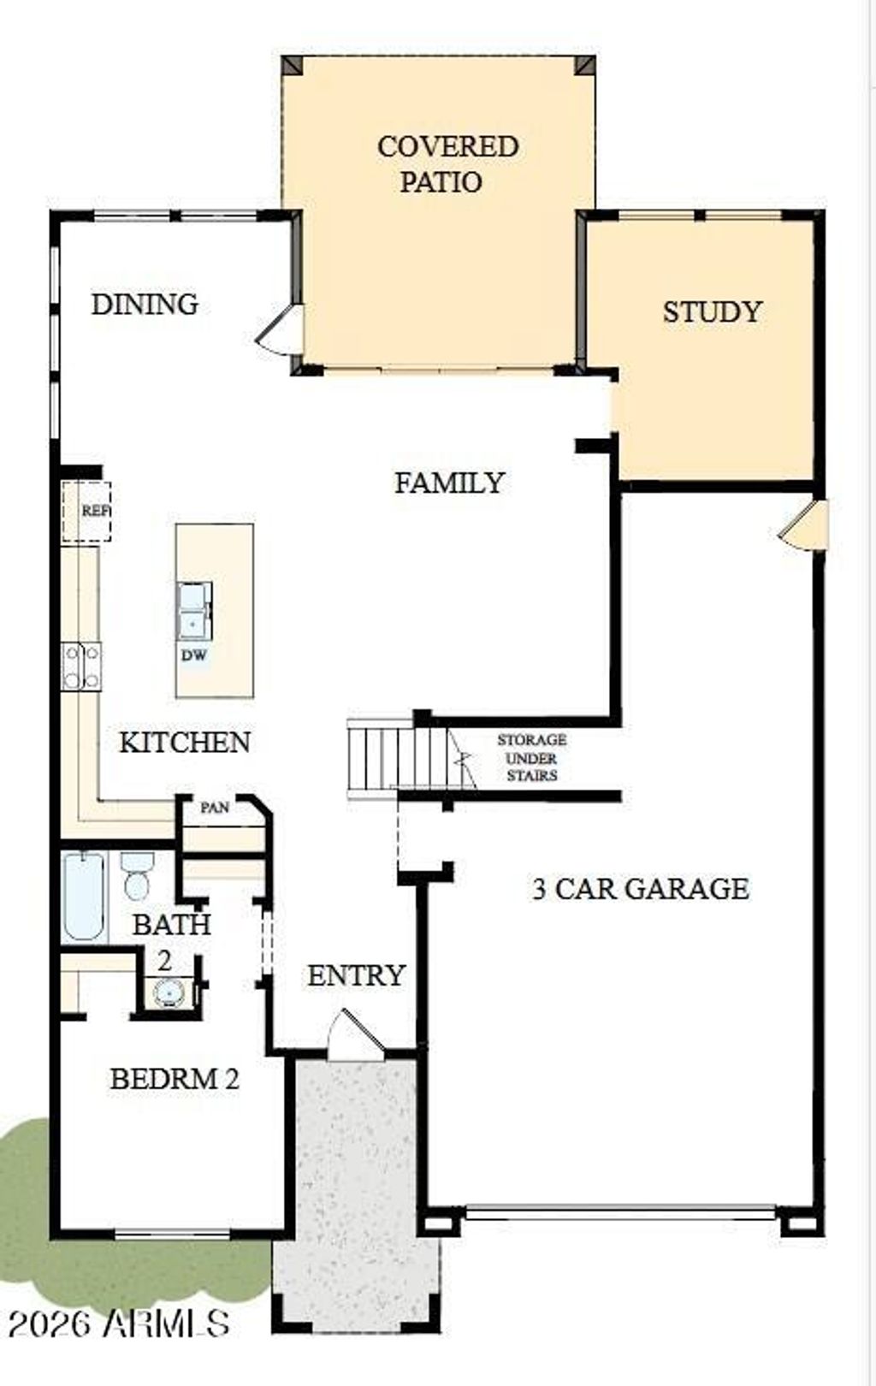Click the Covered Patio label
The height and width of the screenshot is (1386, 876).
[447, 164]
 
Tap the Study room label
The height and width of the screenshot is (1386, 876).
[712, 311]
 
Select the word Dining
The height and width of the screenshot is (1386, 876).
[145, 305]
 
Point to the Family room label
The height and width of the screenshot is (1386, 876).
[450, 483]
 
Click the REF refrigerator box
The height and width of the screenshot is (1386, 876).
[86, 511]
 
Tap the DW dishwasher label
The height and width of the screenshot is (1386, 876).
[194, 655]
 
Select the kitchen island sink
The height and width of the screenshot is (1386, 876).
[195, 612]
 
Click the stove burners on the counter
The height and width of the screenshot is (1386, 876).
[81, 666]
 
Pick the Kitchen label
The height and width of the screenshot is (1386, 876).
[185, 742]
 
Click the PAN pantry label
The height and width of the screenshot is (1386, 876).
[215, 808]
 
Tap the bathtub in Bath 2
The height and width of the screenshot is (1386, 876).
[84, 897]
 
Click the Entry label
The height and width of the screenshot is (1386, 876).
[357, 975]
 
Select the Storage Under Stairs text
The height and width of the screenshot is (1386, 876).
[532, 757]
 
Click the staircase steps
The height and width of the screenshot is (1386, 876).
[397, 758]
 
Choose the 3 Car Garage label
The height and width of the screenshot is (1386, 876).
[641, 889]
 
